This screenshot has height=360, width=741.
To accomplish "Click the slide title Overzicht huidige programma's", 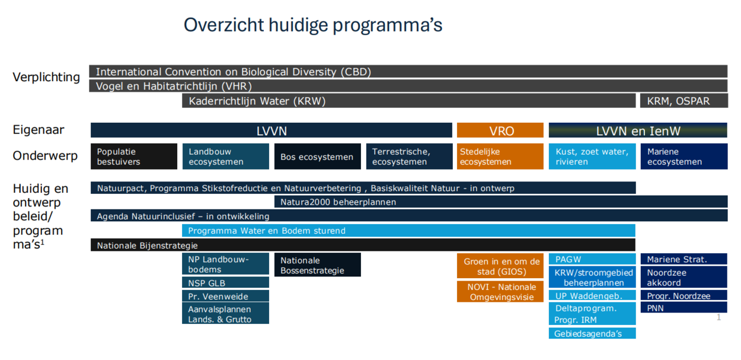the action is point(313,25).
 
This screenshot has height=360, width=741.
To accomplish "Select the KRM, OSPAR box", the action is point(683,101).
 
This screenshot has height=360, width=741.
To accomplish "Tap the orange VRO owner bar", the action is point(500,130).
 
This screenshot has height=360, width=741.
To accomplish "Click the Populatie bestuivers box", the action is point(134,157).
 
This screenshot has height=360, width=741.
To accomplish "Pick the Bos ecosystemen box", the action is point(318,157).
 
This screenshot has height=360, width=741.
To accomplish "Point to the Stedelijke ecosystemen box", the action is point(500,157).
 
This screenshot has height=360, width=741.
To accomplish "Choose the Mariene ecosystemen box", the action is point(684,157).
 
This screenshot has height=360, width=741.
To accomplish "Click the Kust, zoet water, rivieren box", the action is point(592,157).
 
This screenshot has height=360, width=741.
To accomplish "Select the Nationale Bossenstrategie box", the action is point(318,265).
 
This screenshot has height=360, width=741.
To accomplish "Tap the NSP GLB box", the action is point(226,282).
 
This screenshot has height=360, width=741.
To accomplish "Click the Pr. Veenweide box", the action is point(226,296).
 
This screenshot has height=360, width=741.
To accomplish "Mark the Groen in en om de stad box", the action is point(500,266).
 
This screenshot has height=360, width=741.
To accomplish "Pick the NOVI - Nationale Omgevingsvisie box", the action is point(500,292).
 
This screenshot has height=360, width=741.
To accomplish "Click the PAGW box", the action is point(592,259).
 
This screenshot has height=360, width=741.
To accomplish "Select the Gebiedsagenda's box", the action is point(592,333).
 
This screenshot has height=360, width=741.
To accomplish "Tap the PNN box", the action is point(683,307).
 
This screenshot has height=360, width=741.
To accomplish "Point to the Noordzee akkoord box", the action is point(683,278).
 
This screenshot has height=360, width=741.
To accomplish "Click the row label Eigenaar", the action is point(39,130).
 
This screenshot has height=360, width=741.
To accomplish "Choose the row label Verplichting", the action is point(46,77).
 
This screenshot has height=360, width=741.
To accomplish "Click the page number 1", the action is point(718,317).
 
